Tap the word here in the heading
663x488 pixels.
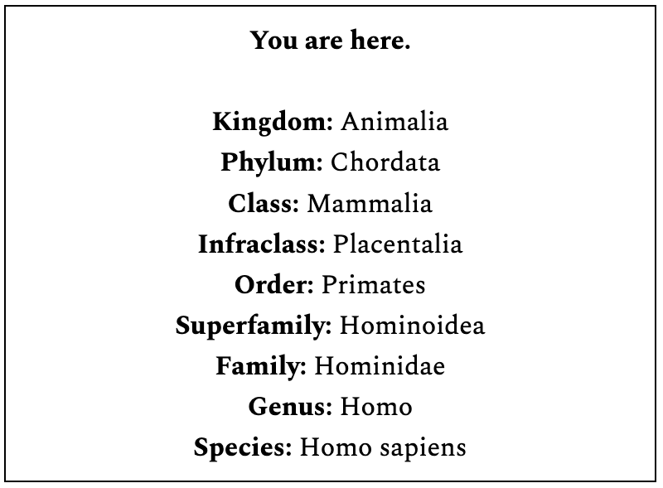[380, 40]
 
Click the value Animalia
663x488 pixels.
[394, 122]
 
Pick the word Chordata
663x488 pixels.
[385, 162]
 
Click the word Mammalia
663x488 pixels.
[370, 204]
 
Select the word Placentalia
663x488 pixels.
[398, 244]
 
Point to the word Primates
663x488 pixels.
[374, 284]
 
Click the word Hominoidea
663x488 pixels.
[412, 326]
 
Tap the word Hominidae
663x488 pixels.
[380, 365]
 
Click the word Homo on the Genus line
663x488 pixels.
[376, 407]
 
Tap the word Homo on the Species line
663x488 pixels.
[336, 447]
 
